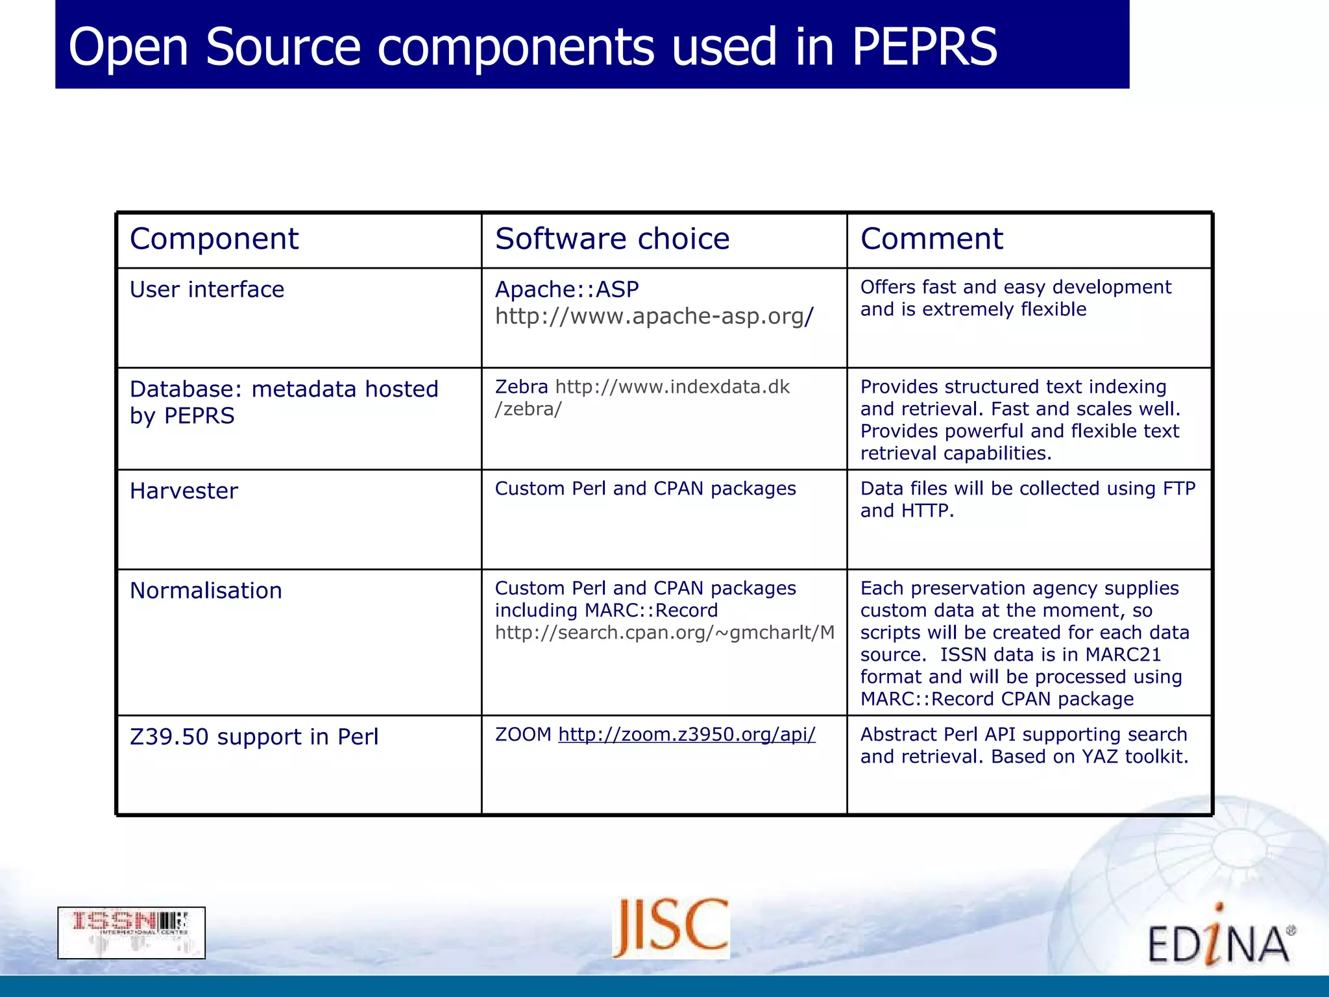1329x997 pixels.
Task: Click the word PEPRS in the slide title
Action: tap(924, 47)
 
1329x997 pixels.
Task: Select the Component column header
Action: tap(214, 239)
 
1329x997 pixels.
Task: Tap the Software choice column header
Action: tap(612, 239)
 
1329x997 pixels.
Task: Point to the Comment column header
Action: tap(931, 239)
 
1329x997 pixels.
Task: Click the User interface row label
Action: tap(207, 289)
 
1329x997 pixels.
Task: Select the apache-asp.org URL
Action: tap(653, 316)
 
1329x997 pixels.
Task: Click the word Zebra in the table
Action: tap(521, 387)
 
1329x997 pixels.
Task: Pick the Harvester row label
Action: tap(184, 491)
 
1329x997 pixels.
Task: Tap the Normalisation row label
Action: tap(206, 591)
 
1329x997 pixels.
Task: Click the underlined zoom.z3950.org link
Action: tap(687, 734)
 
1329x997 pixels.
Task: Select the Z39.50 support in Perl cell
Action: tap(254, 737)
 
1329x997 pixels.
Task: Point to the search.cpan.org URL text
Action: tap(664, 632)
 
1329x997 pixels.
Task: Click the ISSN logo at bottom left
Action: tap(131, 932)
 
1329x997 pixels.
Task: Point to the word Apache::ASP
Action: tap(567, 289)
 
